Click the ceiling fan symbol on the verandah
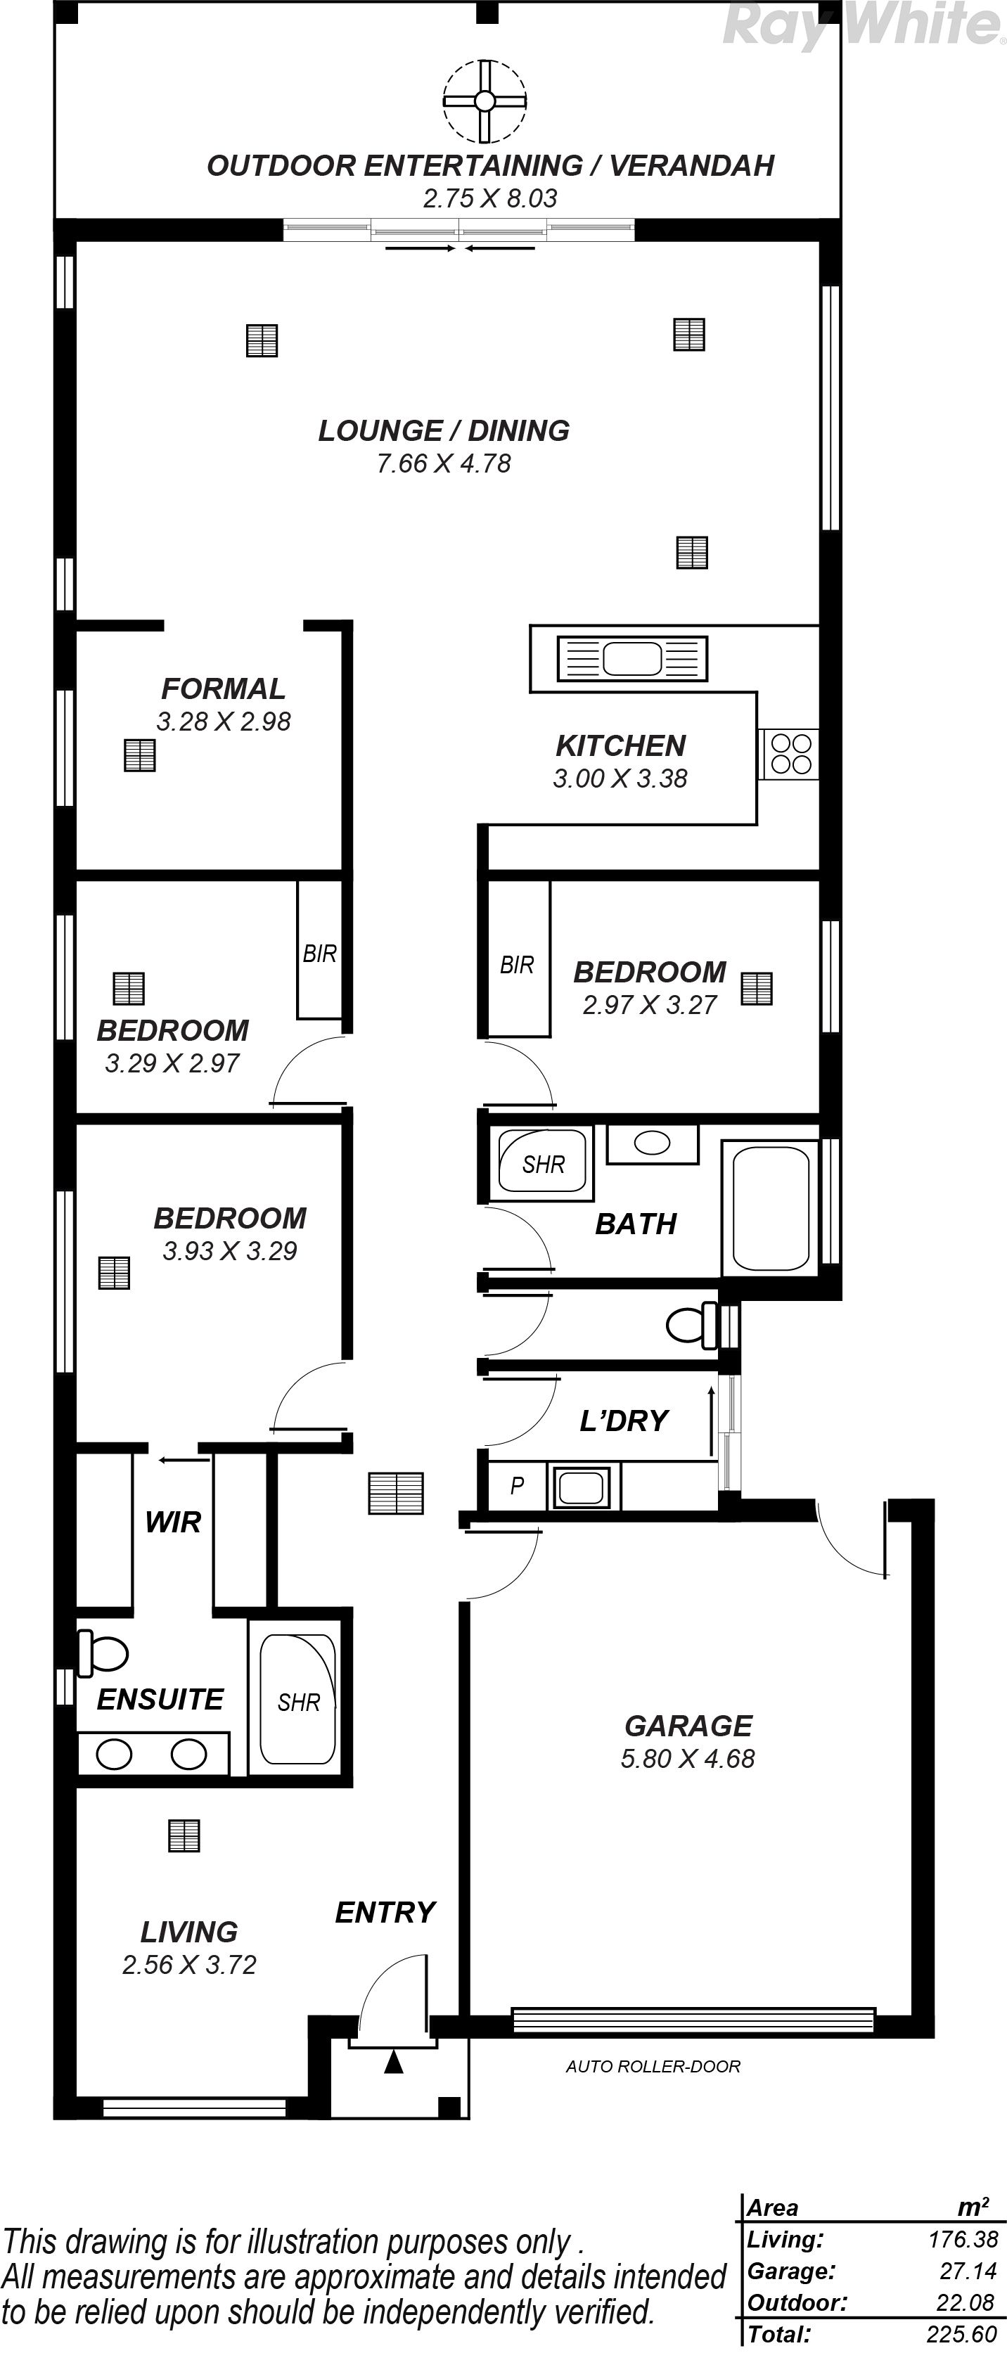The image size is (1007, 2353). click(x=485, y=101)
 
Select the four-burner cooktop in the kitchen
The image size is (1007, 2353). click(x=791, y=754)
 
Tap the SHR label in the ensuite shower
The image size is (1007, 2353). click(x=299, y=1702)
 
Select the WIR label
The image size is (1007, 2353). click(x=173, y=1522)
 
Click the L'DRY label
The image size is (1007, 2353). click(x=624, y=1421)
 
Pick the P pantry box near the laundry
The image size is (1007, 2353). click(x=517, y=1486)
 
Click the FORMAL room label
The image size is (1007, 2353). click(x=223, y=688)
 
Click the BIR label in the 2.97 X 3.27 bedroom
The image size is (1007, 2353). click(x=517, y=965)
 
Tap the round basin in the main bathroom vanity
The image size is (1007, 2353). click(x=653, y=1143)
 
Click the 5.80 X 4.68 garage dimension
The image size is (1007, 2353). click(x=688, y=1758)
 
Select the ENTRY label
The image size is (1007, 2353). click(x=385, y=1913)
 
